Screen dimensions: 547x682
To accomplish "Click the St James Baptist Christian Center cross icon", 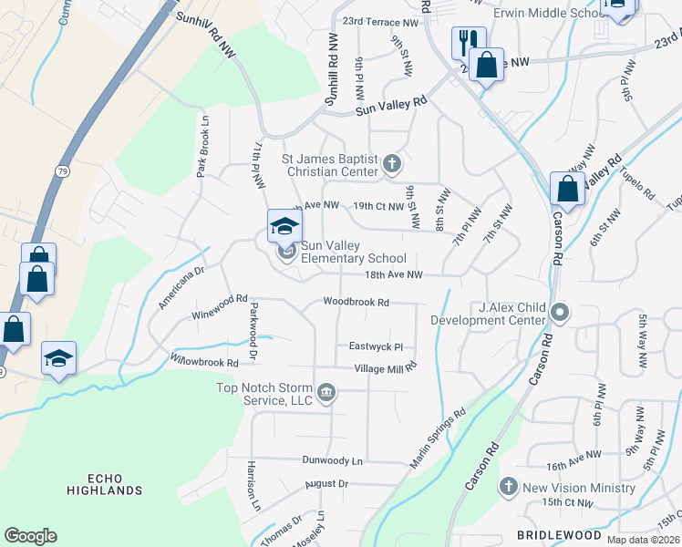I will tap(392, 164).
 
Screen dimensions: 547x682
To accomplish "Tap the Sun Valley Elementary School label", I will tap(353, 253).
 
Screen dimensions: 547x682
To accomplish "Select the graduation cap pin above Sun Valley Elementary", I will tap(284, 226).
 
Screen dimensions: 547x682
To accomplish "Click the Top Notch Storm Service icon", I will tap(327, 394).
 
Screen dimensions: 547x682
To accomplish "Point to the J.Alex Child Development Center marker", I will tap(561, 313).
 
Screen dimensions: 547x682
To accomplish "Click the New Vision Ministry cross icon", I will tap(509, 488).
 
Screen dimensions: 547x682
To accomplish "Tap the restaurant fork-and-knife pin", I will tap(467, 42).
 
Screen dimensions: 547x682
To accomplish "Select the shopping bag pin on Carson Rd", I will tap(567, 190).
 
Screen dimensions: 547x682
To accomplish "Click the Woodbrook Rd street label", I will tap(356, 303).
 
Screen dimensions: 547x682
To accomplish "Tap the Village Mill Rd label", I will tap(386, 367).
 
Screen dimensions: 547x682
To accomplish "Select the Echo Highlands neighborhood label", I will tap(104, 484).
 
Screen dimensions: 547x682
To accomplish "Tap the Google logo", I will tap(30, 536).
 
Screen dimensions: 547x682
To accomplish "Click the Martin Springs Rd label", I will tap(439, 439).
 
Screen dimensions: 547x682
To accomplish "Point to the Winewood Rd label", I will tap(220, 305).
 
